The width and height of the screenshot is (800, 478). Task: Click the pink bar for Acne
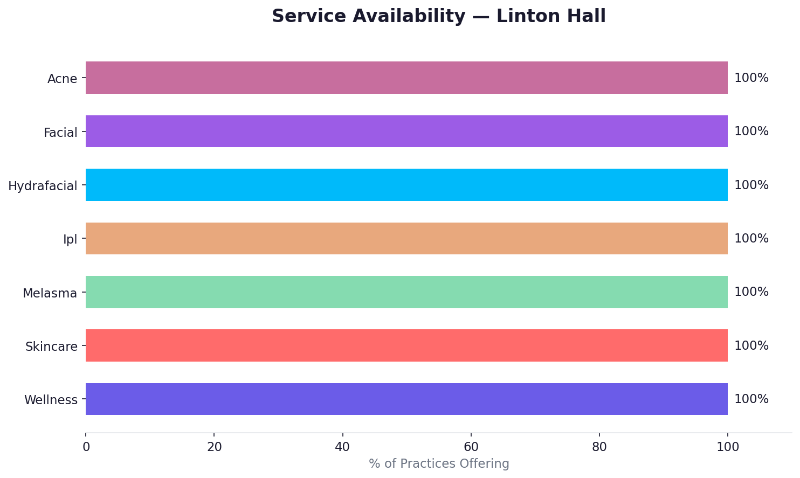[406, 78]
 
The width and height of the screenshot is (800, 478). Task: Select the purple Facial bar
[406, 131]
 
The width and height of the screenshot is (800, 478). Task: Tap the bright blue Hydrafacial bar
[406, 185]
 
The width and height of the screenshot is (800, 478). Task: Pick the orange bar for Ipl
[406, 238]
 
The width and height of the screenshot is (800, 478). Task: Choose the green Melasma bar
[406, 292]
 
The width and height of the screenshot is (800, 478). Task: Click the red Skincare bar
[406, 345]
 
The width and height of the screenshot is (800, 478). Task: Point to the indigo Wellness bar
[406, 399]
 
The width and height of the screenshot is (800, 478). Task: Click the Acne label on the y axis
[62, 79]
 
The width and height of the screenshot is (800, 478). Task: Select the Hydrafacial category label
[43, 186]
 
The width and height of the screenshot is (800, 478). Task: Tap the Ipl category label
[70, 239]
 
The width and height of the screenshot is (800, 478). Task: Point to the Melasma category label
[50, 293]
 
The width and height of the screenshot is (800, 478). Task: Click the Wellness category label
[51, 400]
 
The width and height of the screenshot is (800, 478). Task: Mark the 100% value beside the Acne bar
[751, 78]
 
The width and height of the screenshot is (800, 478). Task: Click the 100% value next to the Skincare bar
[751, 346]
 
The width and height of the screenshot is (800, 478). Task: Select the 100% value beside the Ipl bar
[751, 239]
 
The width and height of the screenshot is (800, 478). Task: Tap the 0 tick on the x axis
[86, 447]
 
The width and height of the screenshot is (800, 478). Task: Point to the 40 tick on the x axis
[342, 447]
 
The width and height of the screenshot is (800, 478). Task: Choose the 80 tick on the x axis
[599, 447]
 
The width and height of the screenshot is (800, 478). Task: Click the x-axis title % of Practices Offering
[439, 463]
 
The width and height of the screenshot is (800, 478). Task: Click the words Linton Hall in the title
[551, 16]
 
